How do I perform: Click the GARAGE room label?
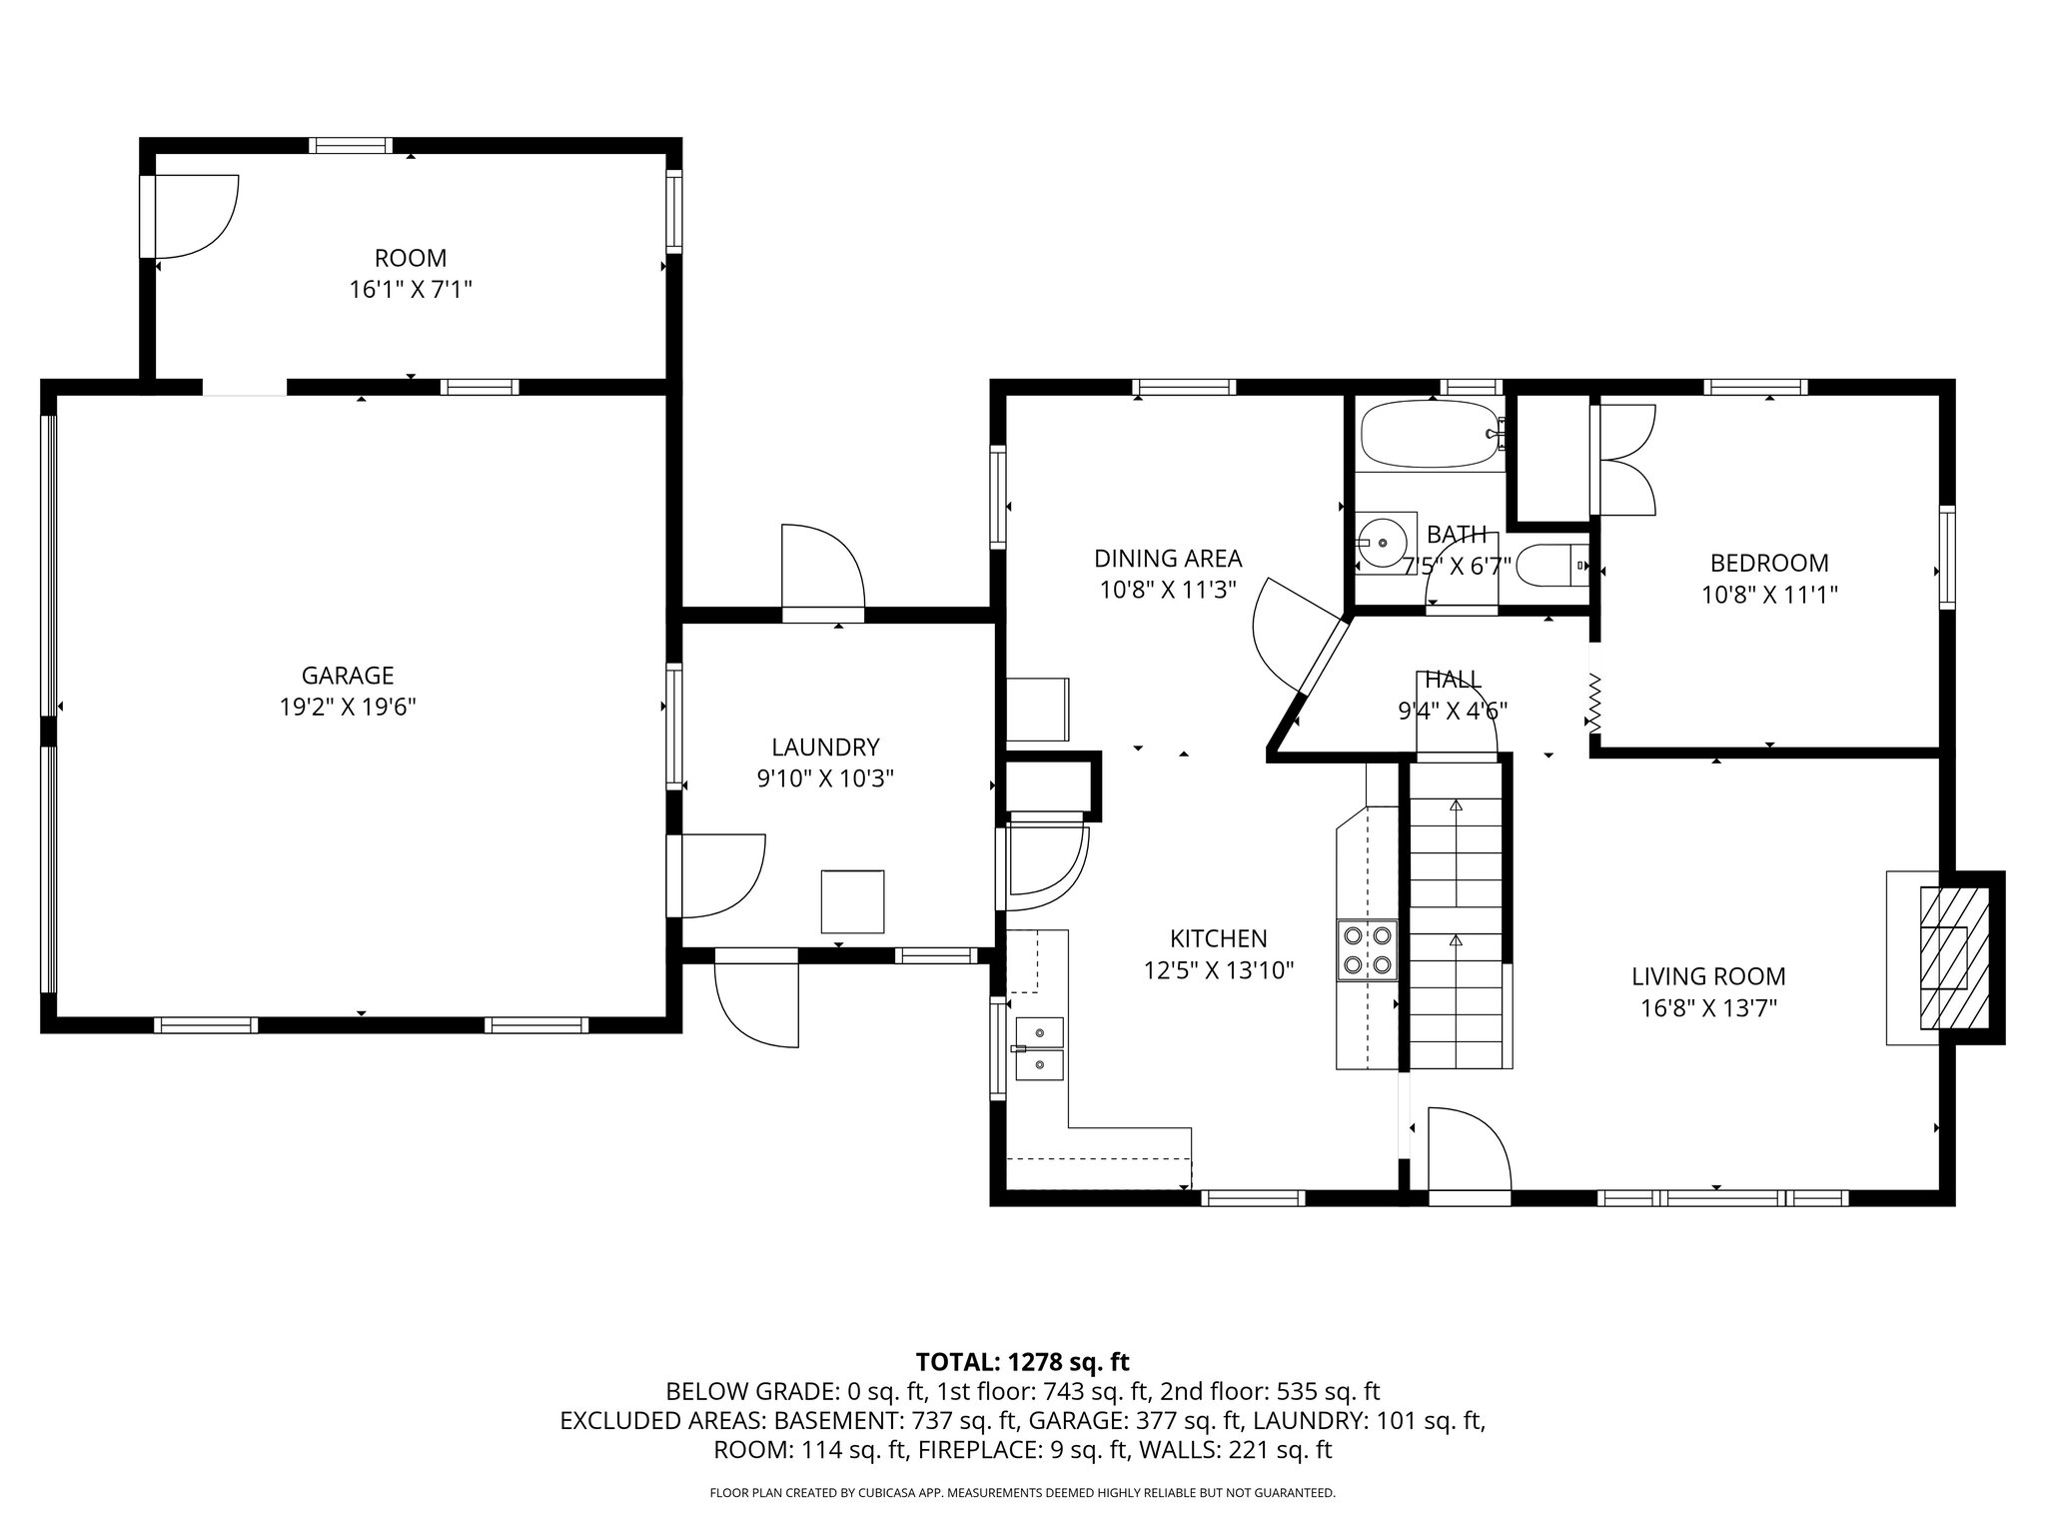click(x=348, y=676)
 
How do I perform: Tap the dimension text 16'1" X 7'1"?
click(x=410, y=290)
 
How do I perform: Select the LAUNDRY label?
click(x=825, y=748)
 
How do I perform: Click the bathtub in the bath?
click(x=1429, y=435)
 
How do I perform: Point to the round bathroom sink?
click(x=1384, y=542)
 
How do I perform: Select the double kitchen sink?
click(x=1040, y=1049)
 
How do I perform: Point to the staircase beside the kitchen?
click(x=1456, y=929)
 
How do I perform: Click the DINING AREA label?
click(x=1168, y=559)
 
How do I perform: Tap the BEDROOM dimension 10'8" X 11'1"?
click(x=1769, y=595)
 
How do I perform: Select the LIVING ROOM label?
click(x=1708, y=976)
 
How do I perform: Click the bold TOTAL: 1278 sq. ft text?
click(x=1022, y=1361)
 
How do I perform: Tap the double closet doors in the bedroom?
click(x=1625, y=459)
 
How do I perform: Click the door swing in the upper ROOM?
click(x=195, y=216)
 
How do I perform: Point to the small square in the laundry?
click(x=852, y=901)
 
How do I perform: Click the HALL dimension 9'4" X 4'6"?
click(x=1452, y=711)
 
